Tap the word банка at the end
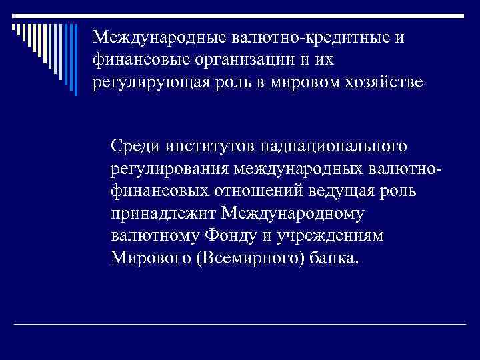coord(333,259)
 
